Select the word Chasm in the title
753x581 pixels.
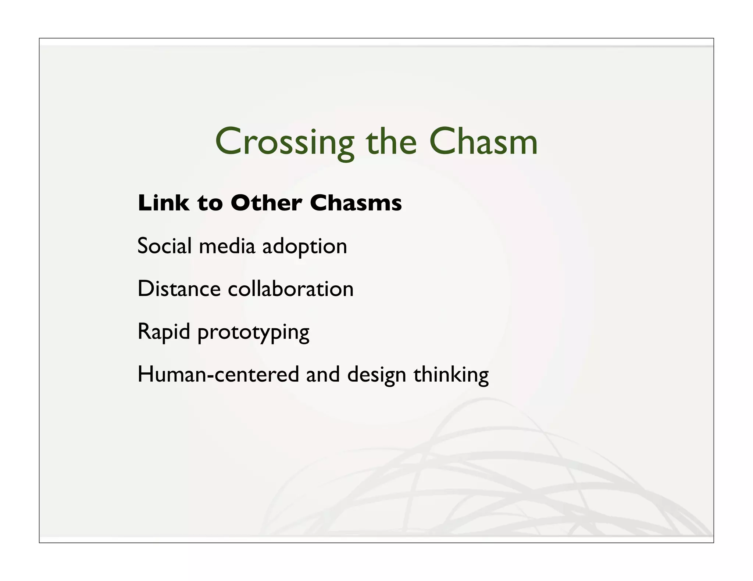(483, 142)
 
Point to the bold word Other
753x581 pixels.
(266, 203)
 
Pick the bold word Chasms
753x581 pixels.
(356, 203)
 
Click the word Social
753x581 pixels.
(164, 246)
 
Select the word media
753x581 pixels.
(227, 246)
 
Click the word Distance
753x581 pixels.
(179, 289)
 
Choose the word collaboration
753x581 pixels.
(290, 289)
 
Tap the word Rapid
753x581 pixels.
(164, 332)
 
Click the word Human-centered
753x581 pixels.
(218, 375)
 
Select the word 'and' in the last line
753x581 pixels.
(323, 375)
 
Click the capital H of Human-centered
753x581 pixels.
(146, 375)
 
